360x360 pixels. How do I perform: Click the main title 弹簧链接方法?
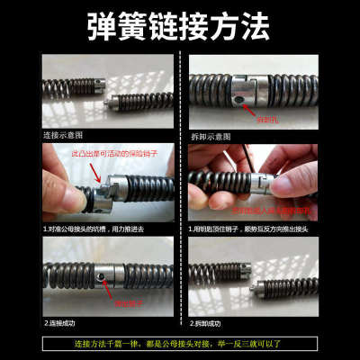coord(180,27)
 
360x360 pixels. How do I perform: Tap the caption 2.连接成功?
coord(63,321)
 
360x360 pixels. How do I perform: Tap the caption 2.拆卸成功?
coord(211,321)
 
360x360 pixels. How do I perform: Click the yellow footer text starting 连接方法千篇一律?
coord(180,344)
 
